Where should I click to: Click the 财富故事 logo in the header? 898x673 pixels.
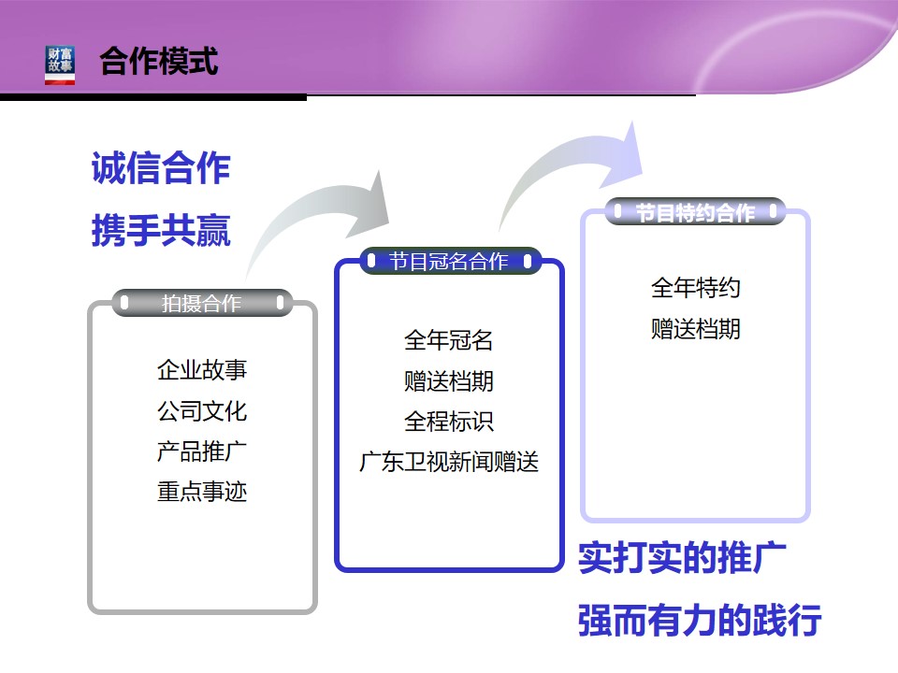click(60, 65)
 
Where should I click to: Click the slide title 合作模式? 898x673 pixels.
click(159, 62)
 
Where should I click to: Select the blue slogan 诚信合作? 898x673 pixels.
click(161, 167)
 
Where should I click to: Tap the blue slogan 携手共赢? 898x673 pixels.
click(161, 230)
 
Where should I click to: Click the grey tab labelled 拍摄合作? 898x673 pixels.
click(202, 303)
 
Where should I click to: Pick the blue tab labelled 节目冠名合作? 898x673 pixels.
click(450, 261)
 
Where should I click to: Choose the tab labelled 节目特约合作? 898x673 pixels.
click(695, 212)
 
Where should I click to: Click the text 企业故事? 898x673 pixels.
click(202, 370)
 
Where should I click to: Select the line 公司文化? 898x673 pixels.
click(202, 411)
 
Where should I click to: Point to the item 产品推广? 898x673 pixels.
click(202, 451)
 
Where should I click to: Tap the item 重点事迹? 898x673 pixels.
click(202, 492)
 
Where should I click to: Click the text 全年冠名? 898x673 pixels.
click(449, 340)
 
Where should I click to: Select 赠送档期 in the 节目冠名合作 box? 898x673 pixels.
click(449, 381)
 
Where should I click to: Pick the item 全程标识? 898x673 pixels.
click(449, 422)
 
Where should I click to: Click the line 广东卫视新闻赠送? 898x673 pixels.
click(449, 462)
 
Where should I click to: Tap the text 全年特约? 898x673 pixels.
click(696, 287)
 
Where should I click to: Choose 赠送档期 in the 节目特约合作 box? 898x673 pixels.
click(696, 329)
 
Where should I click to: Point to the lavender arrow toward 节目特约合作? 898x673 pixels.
click(567, 150)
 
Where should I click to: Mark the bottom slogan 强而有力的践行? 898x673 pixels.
click(700, 620)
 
